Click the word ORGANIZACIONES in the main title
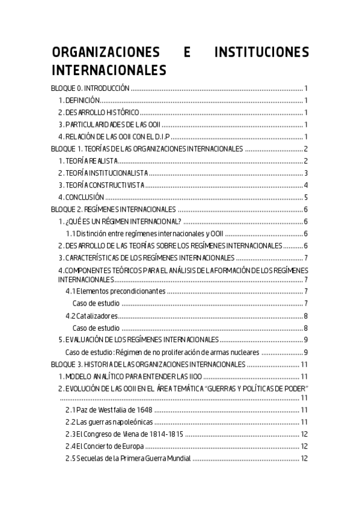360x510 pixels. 102,52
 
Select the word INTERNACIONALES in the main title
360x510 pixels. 108,70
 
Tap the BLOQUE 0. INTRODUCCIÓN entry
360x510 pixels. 90,88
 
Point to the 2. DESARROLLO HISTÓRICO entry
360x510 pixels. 99,112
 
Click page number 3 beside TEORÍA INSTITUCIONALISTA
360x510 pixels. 306,173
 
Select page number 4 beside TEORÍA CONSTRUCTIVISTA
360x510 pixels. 306,185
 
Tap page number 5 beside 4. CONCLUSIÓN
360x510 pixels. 306,197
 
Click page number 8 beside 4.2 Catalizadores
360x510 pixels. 306,316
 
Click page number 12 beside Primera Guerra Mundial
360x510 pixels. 304,458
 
